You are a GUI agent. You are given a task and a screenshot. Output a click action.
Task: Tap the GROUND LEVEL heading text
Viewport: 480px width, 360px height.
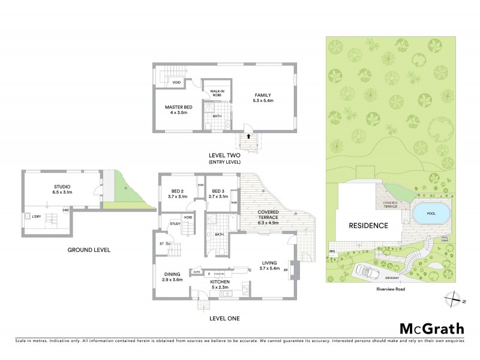click(92, 250)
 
